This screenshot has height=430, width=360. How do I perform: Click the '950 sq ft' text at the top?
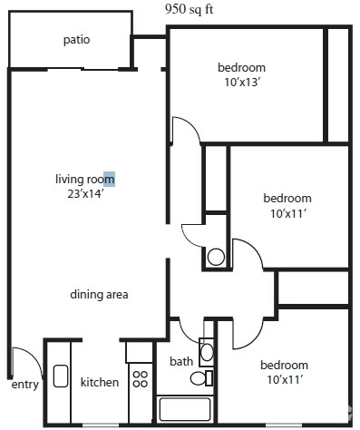[x=189, y=9]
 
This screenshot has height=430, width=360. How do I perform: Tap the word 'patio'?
[x=76, y=40]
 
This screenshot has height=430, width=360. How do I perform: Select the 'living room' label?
[x=84, y=179]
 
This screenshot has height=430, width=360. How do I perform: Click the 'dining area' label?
[x=99, y=295]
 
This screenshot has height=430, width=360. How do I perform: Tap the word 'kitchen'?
[x=100, y=382]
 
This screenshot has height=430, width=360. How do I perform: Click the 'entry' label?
[x=24, y=384]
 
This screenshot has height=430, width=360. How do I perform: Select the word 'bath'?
[x=181, y=361]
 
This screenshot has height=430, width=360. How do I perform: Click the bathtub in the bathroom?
[x=185, y=409]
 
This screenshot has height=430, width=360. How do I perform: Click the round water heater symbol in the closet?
[x=215, y=256]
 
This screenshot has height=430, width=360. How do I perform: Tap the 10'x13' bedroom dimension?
[x=241, y=83]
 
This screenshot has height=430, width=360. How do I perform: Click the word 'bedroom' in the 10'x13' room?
[x=241, y=68]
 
